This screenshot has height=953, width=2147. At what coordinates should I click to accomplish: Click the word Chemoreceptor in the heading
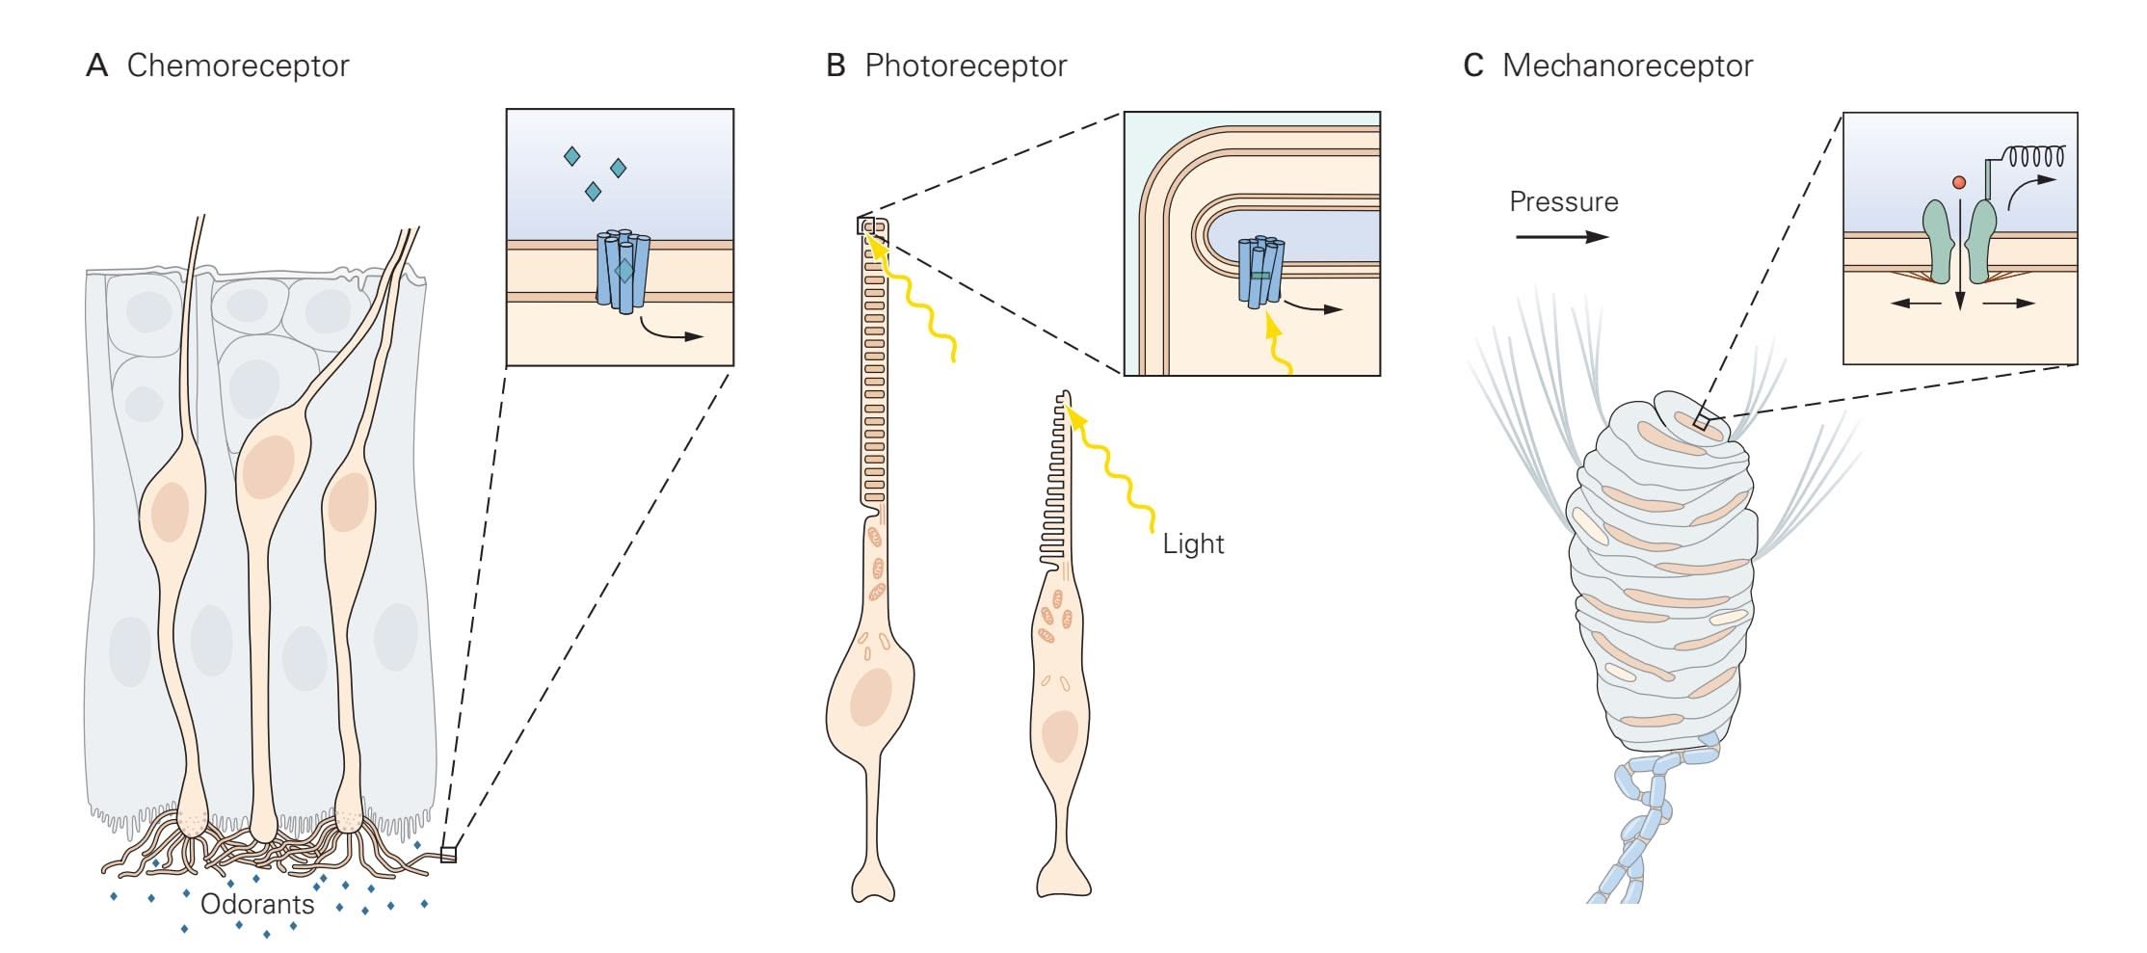coord(237,66)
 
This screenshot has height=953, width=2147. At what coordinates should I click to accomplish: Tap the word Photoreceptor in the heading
coord(966,66)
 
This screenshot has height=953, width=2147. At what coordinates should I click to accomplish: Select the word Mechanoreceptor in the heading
coord(1627,66)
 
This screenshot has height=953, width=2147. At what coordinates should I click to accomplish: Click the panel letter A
coord(96,66)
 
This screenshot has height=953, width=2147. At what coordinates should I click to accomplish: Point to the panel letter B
coord(835,66)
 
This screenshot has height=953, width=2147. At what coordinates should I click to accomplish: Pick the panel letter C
coord(1473,66)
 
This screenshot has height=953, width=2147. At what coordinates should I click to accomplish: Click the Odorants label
coord(257,905)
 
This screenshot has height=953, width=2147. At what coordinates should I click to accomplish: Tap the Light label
coord(1193,544)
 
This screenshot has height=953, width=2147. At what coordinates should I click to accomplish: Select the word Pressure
coord(1563,202)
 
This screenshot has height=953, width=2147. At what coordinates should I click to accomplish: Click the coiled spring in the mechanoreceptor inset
coord(2035,156)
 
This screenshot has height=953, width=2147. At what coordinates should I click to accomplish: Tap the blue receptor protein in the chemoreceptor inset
coord(623,270)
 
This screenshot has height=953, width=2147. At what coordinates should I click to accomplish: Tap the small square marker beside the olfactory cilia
coord(448,854)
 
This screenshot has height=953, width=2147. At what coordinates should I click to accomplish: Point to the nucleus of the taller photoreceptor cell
coord(870,696)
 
